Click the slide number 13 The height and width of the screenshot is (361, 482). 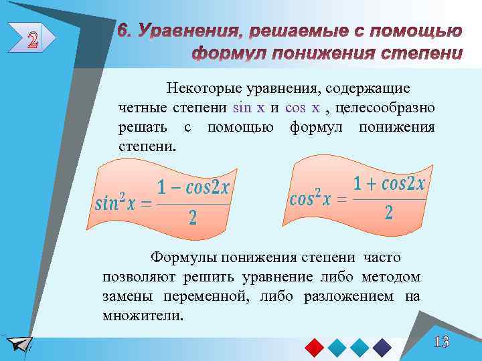pyautogui.click(x=440, y=343)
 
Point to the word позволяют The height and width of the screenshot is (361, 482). pyautogui.click(x=134, y=277)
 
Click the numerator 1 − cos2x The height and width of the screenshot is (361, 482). pyautogui.click(x=192, y=188)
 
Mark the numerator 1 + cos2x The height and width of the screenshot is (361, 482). pyautogui.click(x=389, y=183)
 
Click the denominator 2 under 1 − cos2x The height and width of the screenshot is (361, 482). pyautogui.click(x=193, y=218)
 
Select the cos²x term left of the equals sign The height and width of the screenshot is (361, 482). pyautogui.click(x=310, y=199)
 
